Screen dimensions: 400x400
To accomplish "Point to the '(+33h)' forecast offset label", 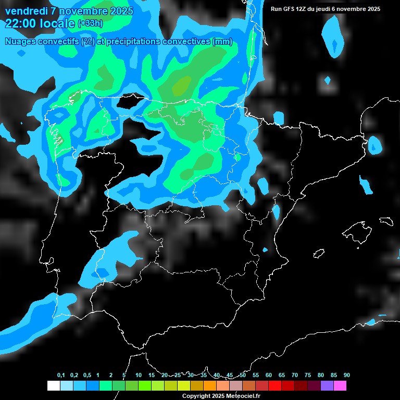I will click(x=90, y=23).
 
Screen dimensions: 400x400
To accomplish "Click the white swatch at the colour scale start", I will click(x=53, y=386).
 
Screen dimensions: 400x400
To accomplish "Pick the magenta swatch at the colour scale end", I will click(x=340, y=386).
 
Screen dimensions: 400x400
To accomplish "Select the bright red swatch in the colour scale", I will click(x=275, y=386).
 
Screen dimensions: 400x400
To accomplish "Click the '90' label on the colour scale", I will click(x=346, y=375).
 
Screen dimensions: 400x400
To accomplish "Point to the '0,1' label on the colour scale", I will click(x=61, y=375).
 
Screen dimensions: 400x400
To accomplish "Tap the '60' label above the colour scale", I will click(x=269, y=375).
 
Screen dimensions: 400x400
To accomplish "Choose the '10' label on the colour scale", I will click(x=139, y=375).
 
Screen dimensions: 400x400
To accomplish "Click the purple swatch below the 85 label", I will click(x=327, y=386).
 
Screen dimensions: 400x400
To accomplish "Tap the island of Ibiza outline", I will click(x=319, y=254).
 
